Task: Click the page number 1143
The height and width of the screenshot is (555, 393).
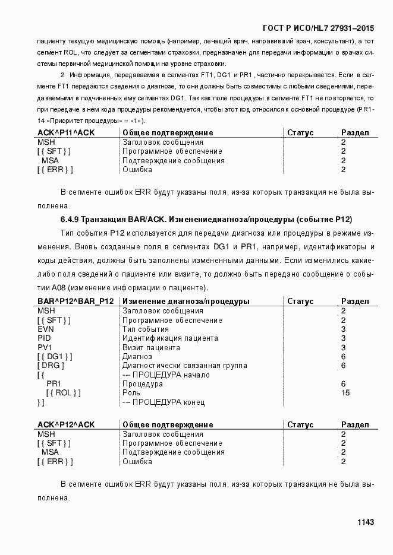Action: point(365,522)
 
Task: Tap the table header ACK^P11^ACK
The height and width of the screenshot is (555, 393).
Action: point(66,133)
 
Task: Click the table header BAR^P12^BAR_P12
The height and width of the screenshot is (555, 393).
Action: point(76,302)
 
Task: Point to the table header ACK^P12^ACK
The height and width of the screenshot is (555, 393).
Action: point(66,425)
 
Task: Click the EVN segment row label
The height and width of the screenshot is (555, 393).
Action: point(46,329)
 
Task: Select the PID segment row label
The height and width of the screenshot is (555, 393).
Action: point(45,338)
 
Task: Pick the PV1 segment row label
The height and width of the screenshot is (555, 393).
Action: point(45,347)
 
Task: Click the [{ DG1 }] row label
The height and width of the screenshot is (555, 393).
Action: point(55,357)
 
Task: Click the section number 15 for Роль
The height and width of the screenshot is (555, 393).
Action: point(345,393)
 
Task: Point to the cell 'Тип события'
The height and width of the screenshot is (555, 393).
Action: point(146,329)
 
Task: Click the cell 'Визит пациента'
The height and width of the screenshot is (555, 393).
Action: point(151,347)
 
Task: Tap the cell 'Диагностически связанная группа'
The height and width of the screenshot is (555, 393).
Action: point(184,366)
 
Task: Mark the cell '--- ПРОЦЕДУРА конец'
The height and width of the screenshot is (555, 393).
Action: point(164,402)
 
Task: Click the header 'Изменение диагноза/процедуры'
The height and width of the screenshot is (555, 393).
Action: point(186,302)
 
